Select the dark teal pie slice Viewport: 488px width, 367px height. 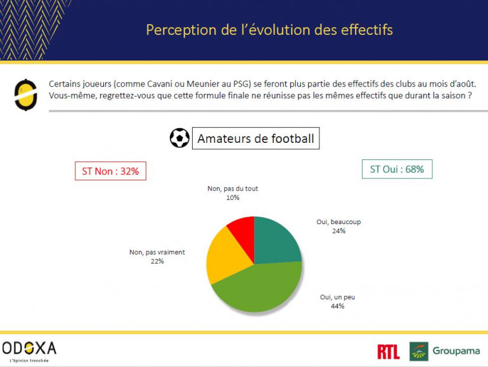coord(276,241)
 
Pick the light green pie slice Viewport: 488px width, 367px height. coord(260,289)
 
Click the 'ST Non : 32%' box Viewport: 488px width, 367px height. coord(110,171)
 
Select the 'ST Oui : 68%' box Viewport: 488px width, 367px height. coord(397,169)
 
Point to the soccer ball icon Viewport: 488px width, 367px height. coord(179,138)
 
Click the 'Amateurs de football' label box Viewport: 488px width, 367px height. coord(255,138)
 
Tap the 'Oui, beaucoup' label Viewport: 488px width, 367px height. coord(338,222)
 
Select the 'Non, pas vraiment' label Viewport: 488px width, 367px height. coord(157,252)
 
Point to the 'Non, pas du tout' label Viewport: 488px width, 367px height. coord(233,189)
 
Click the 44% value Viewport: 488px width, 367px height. coord(337,306)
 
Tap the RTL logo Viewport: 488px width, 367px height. coord(388,351)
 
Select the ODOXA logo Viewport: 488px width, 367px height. coord(30,348)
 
